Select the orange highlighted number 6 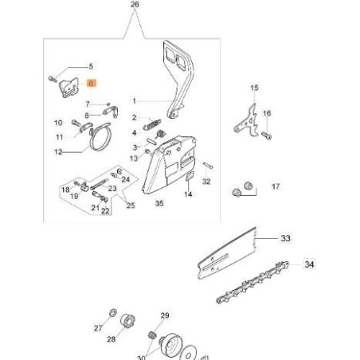pos(91,82)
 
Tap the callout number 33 pos(285,237)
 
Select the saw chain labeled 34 pos(247,284)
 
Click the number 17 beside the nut pos(276,187)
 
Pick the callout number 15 pos(254,88)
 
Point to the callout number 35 pos(158,204)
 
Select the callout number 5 pos(90,67)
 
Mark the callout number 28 pos(110,339)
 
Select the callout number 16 pos(267,114)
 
